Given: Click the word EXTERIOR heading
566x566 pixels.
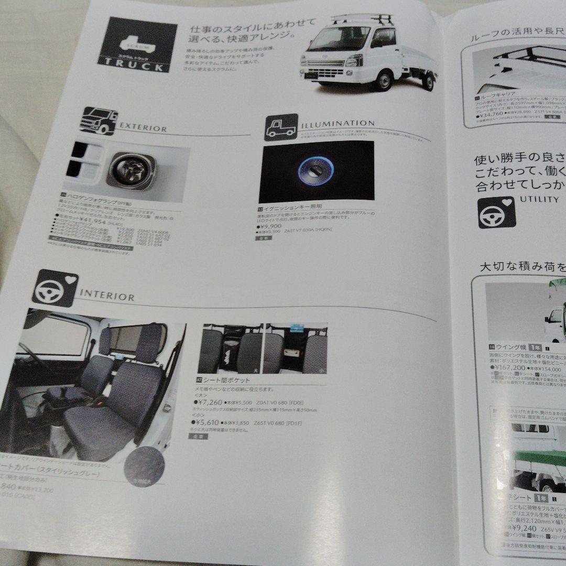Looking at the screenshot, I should (143, 128).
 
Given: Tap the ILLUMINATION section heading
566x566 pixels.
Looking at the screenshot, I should (338, 124).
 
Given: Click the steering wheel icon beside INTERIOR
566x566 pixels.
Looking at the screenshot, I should (55, 288).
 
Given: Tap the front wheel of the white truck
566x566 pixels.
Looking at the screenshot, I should (385, 81).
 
